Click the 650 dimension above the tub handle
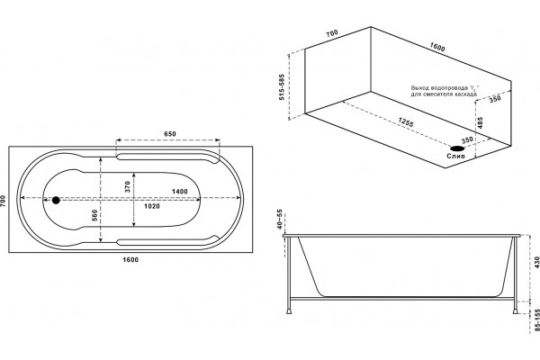pyautogui.click(x=170, y=134)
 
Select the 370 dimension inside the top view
pyautogui.click(x=128, y=186)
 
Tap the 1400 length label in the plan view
pyautogui.click(x=180, y=192)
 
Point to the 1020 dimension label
pyautogui.click(x=152, y=206)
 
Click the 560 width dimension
pyautogui.click(x=95, y=215)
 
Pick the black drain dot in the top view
pyautogui.click(x=56, y=200)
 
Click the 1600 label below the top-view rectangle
pyautogui.click(x=130, y=259)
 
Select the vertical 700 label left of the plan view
pyautogui.click(x=3, y=201)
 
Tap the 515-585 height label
pyautogui.click(x=282, y=86)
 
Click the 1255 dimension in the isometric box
pyautogui.click(x=406, y=122)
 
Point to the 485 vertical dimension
pyautogui.click(x=481, y=122)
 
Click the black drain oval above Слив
pyautogui.click(x=457, y=148)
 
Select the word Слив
pyautogui.click(x=456, y=156)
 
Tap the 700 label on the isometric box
pyautogui.click(x=332, y=33)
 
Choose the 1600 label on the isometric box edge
pyautogui.click(x=437, y=47)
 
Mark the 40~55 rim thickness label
pyautogui.click(x=280, y=219)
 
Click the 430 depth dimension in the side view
pyautogui.click(x=536, y=263)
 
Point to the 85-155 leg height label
pyautogui.click(x=536, y=320)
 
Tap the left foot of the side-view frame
pyautogui.click(x=290, y=311)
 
